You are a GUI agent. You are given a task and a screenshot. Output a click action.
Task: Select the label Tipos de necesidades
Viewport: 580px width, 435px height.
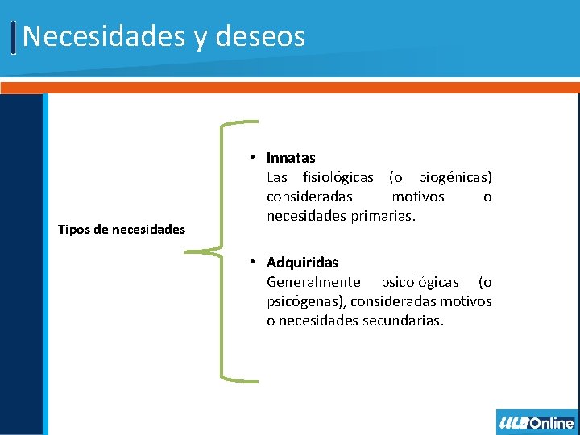122,230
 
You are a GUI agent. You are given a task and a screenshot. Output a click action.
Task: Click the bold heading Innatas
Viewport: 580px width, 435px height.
291,158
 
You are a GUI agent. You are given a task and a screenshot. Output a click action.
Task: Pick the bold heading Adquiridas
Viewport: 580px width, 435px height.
302,263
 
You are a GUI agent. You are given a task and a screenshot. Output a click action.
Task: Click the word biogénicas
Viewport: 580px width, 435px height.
455,177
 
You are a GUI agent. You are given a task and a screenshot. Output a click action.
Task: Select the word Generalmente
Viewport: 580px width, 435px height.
313,282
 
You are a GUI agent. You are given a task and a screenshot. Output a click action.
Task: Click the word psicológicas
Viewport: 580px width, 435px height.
420,282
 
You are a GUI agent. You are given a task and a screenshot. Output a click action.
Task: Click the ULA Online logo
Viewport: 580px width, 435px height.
536,422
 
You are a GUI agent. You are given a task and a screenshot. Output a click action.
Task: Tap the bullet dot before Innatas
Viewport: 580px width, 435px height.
253,157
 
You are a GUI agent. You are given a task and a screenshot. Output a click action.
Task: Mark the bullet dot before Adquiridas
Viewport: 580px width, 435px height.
253,262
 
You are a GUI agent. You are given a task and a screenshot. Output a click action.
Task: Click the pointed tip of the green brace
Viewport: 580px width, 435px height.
186,251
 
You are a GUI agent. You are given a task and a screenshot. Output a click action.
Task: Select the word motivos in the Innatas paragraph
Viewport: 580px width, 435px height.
417,197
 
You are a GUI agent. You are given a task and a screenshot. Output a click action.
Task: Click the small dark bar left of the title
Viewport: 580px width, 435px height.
14,37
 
